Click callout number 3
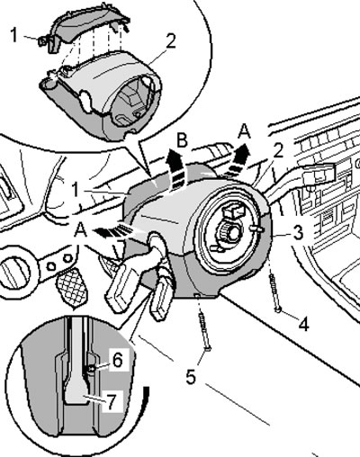[x=298, y=233]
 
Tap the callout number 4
[x=304, y=324]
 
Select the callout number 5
[x=191, y=377]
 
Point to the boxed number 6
[x=117, y=360]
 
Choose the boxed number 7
[x=112, y=400]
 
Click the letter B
[x=182, y=140]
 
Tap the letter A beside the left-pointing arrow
[x=79, y=231]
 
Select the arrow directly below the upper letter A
[x=237, y=159]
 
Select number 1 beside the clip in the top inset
[x=14, y=35]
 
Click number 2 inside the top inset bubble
[x=170, y=41]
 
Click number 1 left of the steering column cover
[x=76, y=190]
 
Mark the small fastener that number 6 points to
[x=92, y=368]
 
